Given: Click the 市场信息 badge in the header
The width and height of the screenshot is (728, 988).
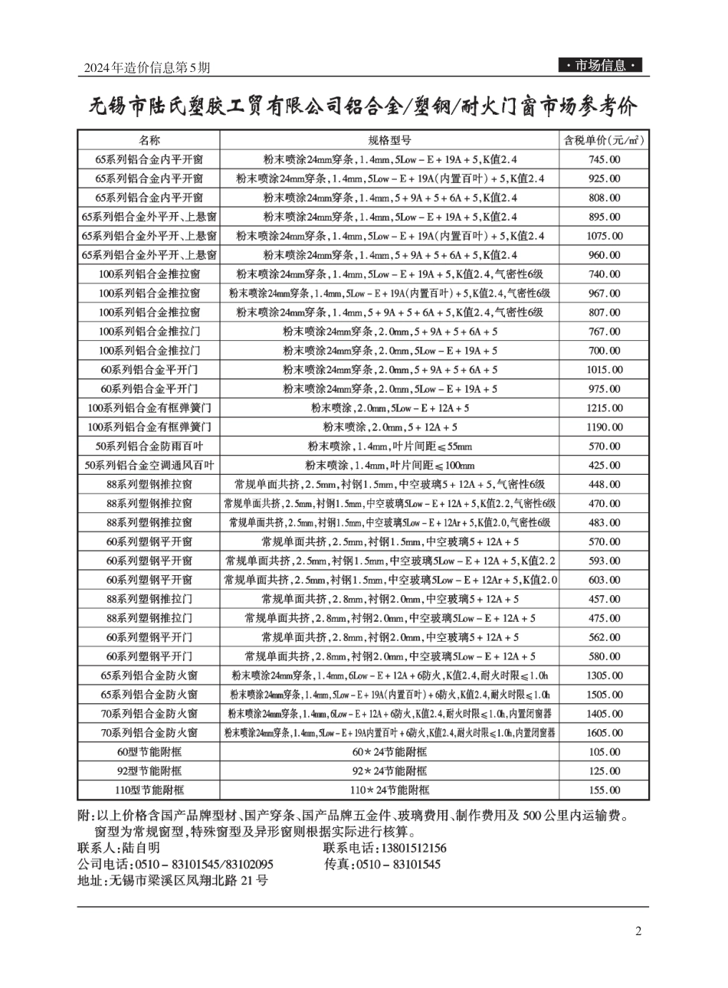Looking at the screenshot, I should [600, 66].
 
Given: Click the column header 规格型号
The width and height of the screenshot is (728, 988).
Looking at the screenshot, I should [389, 140].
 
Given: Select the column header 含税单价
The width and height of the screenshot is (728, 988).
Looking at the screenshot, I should [603, 140].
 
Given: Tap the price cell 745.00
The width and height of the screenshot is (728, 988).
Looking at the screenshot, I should [604, 159].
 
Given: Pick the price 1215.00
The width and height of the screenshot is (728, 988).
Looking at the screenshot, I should [604, 408].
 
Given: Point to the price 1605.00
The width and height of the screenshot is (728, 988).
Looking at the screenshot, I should [604, 733].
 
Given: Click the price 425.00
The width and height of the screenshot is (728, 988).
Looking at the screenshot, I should [604, 466].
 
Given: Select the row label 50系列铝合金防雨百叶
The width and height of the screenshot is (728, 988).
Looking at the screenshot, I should [149, 447].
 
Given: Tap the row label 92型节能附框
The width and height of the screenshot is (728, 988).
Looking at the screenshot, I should [149, 771].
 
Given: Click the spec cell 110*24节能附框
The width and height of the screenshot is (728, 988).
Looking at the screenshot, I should [389, 790].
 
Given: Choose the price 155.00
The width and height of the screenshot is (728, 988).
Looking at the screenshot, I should [604, 790].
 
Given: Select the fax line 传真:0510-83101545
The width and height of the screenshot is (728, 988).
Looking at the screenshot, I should [382, 864].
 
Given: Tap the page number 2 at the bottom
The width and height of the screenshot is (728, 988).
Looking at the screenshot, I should [638, 931].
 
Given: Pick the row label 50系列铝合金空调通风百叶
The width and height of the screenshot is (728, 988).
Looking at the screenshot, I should [149, 466].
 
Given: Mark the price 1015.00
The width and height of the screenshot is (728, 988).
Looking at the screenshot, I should [604, 370].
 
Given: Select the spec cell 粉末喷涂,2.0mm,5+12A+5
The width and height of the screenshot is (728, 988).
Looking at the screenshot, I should [389, 427].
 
